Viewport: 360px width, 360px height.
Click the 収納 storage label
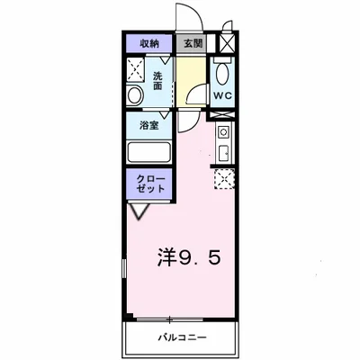tap(148, 42)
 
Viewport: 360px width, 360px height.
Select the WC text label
tap(223, 94)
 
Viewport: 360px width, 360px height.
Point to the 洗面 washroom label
tap(158, 80)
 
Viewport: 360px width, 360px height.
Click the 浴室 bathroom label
tap(148, 126)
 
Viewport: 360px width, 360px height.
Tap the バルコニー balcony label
tap(184, 337)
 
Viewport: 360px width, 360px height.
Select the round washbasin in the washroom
tap(135, 94)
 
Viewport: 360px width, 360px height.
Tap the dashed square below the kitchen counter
tap(224, 179)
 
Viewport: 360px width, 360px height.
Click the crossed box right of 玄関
tap(228, 42)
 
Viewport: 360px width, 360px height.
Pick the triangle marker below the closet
tap(138, 211)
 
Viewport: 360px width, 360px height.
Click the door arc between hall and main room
tap(187, 121)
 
